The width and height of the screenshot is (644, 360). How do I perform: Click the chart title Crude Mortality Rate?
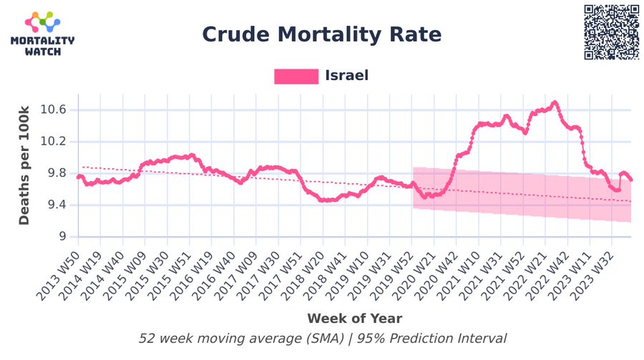click(321, 34)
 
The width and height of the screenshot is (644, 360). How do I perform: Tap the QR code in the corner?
click(612, 32)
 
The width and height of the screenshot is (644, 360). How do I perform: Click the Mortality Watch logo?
click(42, 34)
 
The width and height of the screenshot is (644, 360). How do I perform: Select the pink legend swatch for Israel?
click(296, 76)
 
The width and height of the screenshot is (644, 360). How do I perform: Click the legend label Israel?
click(346, 75)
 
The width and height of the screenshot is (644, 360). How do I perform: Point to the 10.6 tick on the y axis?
click(52, 110)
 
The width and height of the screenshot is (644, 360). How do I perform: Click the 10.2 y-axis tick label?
click(52, 141)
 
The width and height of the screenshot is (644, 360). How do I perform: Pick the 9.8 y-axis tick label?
click(56, 173)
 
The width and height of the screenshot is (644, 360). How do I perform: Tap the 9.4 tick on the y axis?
click(56, 205)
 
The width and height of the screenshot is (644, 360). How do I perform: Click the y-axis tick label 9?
click(62, 236)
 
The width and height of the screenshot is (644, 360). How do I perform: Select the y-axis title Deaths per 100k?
click(24, 165)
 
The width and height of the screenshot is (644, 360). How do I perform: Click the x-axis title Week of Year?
click(354, 318)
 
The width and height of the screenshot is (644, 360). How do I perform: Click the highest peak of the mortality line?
click(555, 102)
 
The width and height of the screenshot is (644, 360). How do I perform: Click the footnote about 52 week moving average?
click(322, 339)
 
